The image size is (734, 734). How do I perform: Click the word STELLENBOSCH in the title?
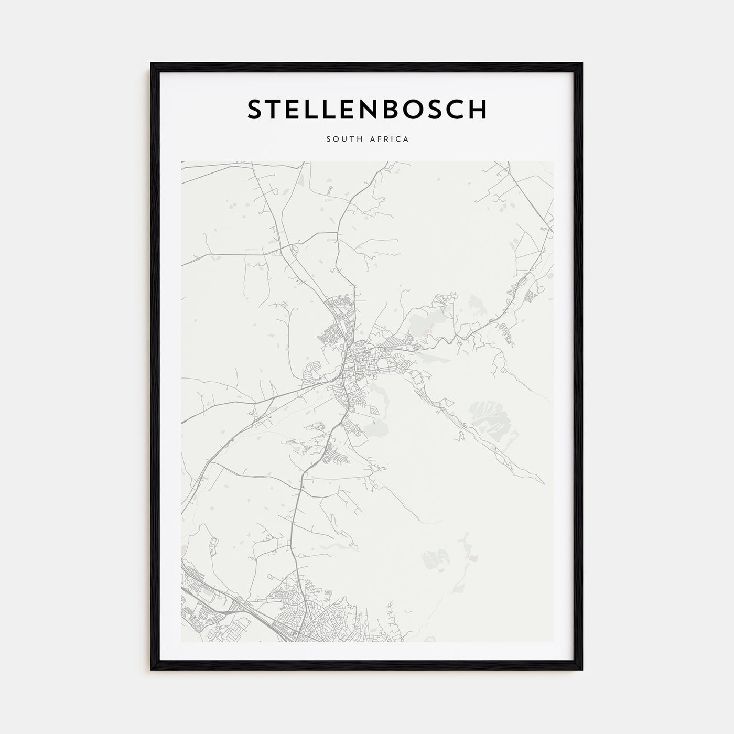367,109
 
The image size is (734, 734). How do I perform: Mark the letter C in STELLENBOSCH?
456,109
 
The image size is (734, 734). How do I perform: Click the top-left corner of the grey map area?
181,161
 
